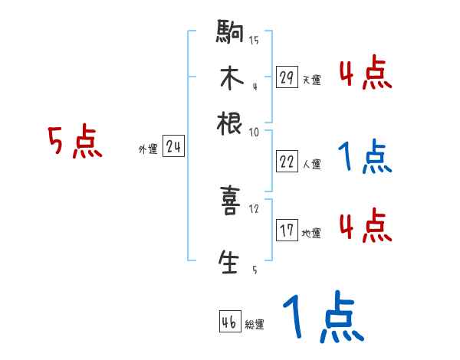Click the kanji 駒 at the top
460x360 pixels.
pyautogui.click(x=231, y=34)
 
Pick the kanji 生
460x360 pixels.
pyautogui.click(x=231, y=261)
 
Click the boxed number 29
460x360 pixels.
pyautogui.click(x=286, y=77)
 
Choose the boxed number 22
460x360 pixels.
pyautogui.click(x=286, y=162)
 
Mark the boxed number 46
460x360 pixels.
pyautogui.click(x=229, y=321)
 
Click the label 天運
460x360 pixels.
pyautogui.click(x=311, y=80)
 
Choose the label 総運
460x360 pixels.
pyautogui.click(x=254, y=324)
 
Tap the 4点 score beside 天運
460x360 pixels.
pyautogui.click(x=365, y=75)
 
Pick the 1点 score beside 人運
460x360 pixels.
pyautogui.click(x=365, y=157)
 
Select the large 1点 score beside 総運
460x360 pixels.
pyautogui.click(x=322, y=318)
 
